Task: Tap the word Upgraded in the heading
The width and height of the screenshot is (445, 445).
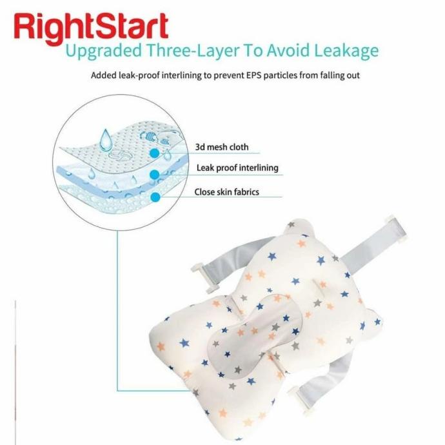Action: point(106,51)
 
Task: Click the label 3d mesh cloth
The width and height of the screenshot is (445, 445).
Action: point(221,147)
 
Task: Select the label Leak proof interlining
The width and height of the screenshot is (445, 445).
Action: point(237,168)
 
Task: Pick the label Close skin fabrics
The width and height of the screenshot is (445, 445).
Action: point(226,192)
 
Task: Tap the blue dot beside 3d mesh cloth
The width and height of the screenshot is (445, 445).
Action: point(154,153)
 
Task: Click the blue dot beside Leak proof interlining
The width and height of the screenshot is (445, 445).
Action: point(155,174)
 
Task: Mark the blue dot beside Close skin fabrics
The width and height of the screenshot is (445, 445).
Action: point(155,197)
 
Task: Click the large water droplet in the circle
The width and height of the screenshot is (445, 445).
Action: point(104,138)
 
